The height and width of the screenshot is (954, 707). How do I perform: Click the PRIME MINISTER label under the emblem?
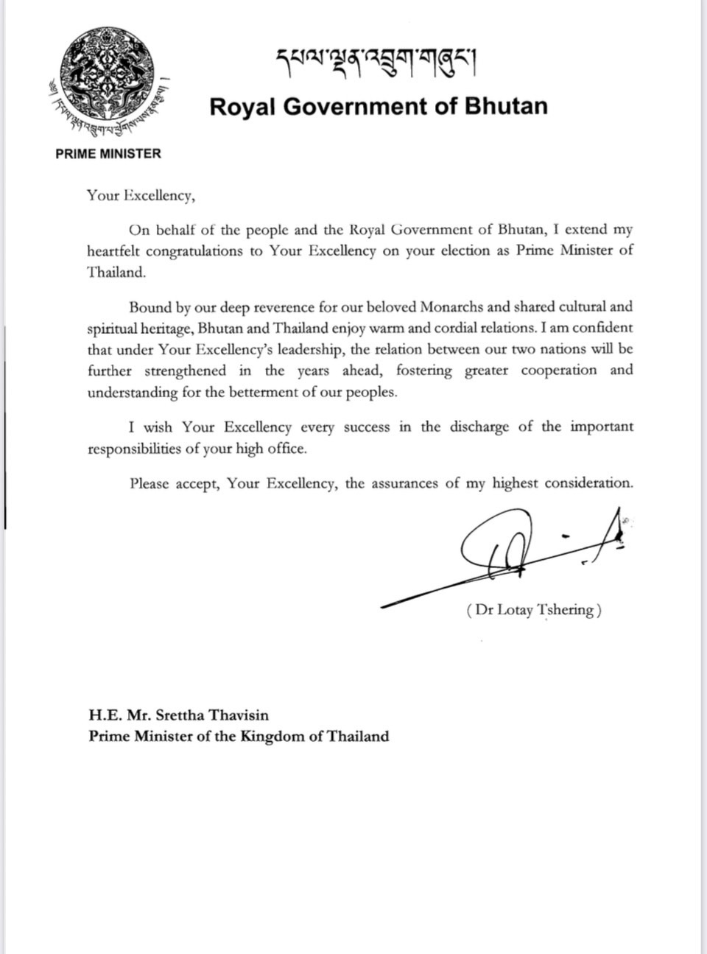point(108,154)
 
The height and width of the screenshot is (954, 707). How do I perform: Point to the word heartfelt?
point(112,250)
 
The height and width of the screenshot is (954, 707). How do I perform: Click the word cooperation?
point(559,371)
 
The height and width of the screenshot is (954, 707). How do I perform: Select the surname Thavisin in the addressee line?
point(236,715)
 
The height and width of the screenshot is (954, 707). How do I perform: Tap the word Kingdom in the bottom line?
point(271,736)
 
